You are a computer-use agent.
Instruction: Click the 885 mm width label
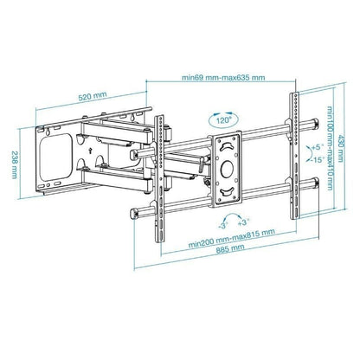[x=228, y=247]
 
